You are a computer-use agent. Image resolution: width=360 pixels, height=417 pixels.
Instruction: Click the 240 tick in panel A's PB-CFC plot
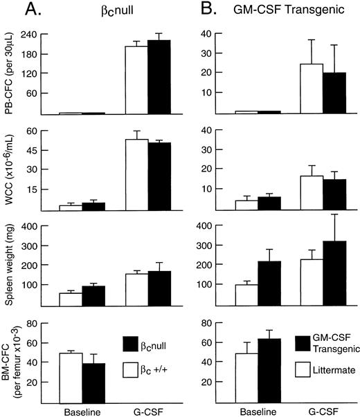point(31,35)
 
